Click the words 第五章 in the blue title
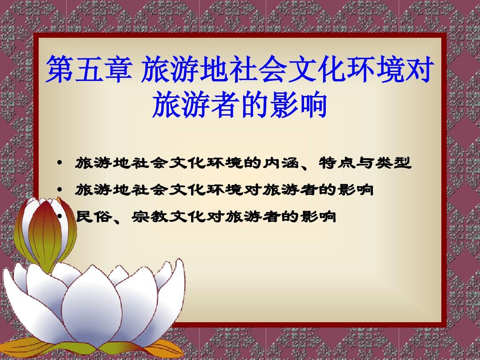89,69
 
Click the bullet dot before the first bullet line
60,162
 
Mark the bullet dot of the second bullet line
60,189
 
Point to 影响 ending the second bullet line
356,190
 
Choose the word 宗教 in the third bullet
150,217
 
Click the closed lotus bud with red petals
45,232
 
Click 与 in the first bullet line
365,163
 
